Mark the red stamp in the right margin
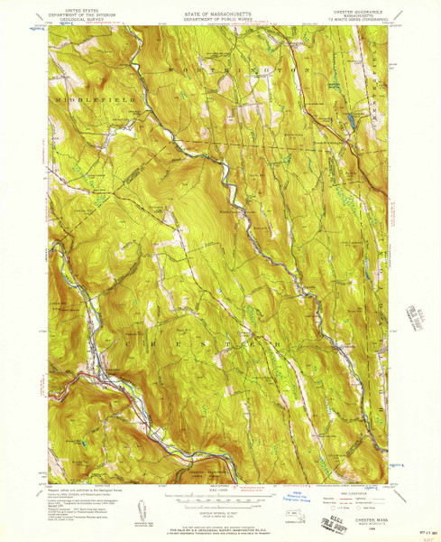418,318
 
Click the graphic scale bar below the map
220,496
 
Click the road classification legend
356,493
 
